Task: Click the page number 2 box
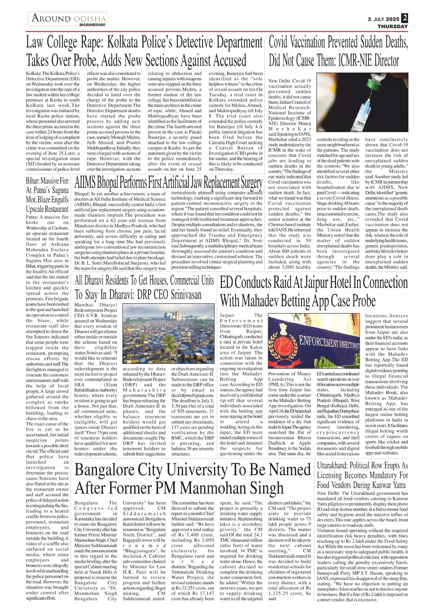pos(405,18)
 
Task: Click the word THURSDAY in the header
pos(392,26)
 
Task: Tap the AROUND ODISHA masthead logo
pos(68,19)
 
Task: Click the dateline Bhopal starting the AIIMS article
pos(82,193)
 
